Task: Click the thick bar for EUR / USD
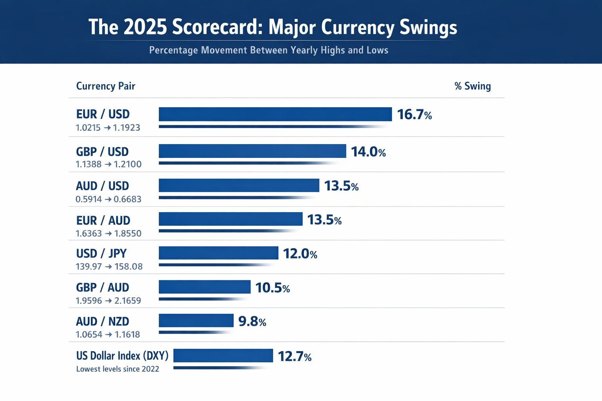coord(275,114)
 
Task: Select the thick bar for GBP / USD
coord(252,151)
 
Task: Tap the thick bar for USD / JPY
coord(218,253)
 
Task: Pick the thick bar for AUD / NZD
coord(196,320)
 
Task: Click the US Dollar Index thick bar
coord(223,356)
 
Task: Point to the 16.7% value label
coord(414,115)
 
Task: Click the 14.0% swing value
coord(368,152)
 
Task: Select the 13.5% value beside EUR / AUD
coord(324,220)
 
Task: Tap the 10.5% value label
coord(272,288)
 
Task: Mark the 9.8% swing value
coord(252,322)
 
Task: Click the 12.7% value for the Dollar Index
coord(294,356)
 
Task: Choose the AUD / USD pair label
coord(102,186)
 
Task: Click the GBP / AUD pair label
coord(102,287)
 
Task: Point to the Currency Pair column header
coord(105,86)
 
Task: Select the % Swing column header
coord(472,86)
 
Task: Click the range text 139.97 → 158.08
coord(109,267)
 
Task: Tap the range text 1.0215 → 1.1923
coord(108,128)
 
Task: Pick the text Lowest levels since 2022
coord(118,369)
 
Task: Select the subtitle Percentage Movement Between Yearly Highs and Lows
coord(268,50)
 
